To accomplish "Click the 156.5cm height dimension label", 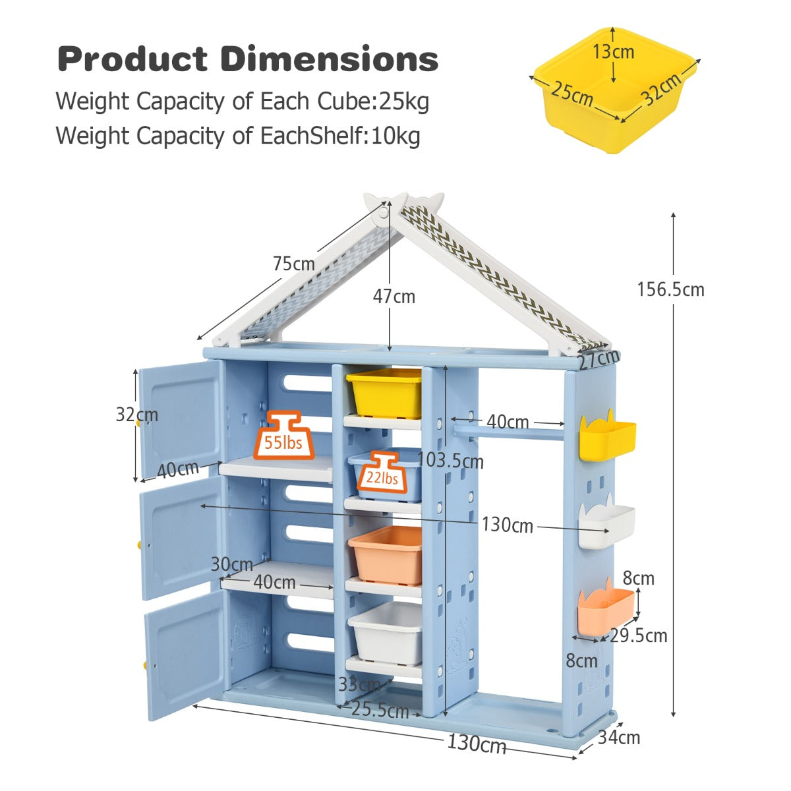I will tap(670, 289).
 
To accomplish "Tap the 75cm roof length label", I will tap(294, 264).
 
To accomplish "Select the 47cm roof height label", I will tap(394, 297).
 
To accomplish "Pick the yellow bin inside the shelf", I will tap(384, 393).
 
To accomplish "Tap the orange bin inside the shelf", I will tap(386, 555).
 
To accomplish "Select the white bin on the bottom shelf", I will tap(386, 633).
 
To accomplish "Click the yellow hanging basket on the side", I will tap(607, 437).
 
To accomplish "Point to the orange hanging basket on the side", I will tap(605, 610).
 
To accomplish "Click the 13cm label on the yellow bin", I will tap(613, 51).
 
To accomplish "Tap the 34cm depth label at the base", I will tap(619, 737).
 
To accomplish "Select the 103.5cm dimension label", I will tap(451, 460).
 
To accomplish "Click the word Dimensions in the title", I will tap(330, 59).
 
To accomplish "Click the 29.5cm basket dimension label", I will tap(639, 635).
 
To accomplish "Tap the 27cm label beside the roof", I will tap(600, 359).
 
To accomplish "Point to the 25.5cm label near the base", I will tap(380, 711).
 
